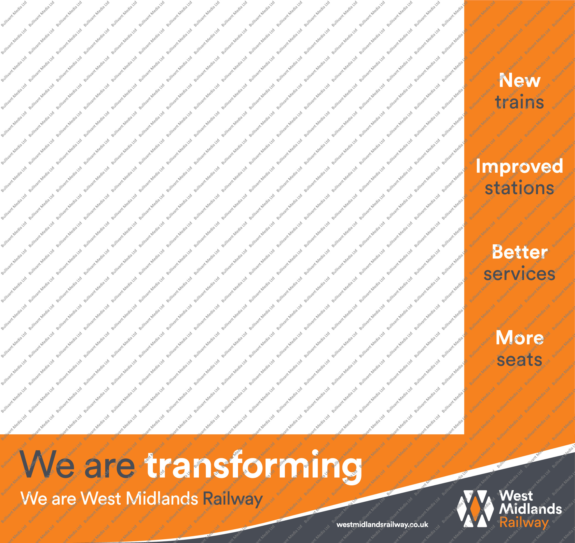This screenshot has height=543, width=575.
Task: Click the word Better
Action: click(520, 252)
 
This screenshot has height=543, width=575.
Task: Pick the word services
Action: click(519, 274)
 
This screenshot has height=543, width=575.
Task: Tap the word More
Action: click(520, 338)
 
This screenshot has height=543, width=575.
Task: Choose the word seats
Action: click(519, 360)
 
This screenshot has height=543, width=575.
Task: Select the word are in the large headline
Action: click(110, 467)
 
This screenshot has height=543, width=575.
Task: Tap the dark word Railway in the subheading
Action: click(233, 499)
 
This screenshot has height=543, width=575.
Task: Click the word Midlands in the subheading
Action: click(162, 498)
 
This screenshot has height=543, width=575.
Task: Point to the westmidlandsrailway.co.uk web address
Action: click(382, 525)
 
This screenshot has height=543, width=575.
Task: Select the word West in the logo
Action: click(516, 496)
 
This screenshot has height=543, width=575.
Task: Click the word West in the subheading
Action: click(101, 498)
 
